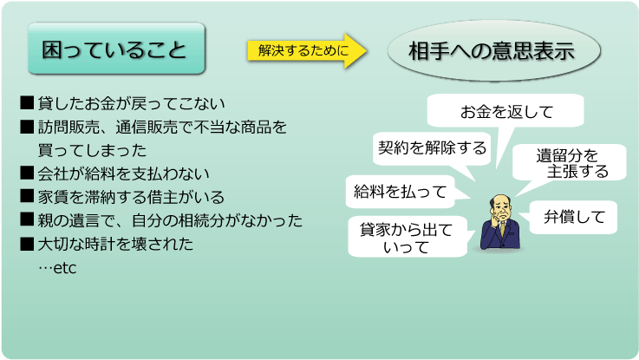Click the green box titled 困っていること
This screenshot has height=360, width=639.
click(116, 49)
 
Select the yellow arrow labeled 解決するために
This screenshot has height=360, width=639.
click(306, 50)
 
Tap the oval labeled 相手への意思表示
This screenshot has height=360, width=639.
click(493, 51)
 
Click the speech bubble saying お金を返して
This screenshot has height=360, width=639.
click(505, 111)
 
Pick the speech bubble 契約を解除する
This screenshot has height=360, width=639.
click(432, 148)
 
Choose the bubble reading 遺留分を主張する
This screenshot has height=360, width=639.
click(570, 163)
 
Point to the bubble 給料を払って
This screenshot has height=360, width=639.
click(401, 191)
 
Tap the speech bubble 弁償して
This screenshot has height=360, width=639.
click(573, 217)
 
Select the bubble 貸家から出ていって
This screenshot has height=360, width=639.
click(408, 237)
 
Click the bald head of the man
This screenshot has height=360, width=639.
click(501, 204)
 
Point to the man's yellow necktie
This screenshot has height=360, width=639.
click(504, 229)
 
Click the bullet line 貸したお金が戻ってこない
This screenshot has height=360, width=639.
click(122, 103)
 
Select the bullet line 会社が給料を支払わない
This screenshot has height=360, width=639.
click(115, 173)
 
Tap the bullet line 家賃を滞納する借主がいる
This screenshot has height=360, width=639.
click(122, 197)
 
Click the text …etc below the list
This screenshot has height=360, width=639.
click(57, 268)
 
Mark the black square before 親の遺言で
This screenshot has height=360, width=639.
click(27, 219)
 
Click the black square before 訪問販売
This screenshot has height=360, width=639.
click(27, 127)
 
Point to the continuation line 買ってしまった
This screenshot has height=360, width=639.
click(92, 150)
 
